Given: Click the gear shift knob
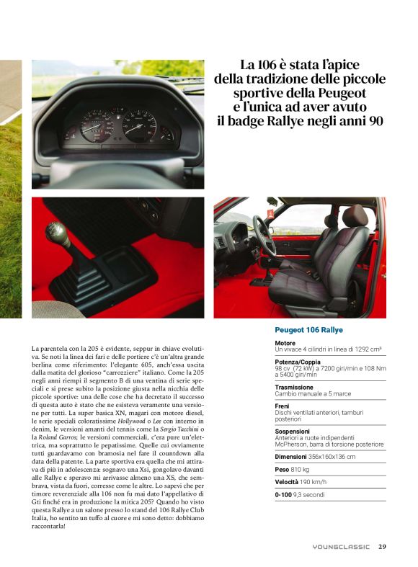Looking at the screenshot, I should [57, 234].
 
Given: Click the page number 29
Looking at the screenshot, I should [382, 546].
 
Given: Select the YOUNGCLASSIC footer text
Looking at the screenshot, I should [341, 547].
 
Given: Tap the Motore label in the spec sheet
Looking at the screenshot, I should [285, 343].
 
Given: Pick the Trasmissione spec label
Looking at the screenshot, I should [294, 386].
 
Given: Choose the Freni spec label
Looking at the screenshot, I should [283, 405].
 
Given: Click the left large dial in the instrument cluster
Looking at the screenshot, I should [97, 125].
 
